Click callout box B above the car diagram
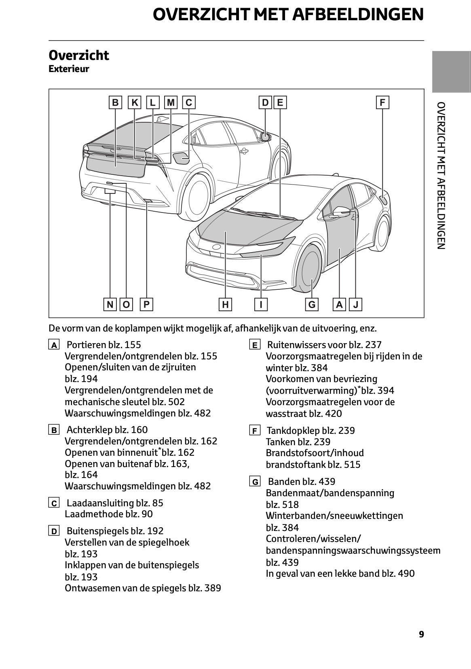(115, 102)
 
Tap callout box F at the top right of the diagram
(382, 102)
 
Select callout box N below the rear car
(110, 304)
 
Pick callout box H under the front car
(225, 304)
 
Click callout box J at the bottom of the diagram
(356, 304)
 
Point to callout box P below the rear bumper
(146, 304)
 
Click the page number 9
(421, 634)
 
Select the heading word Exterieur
(69, 69)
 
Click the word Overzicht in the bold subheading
(79, 55)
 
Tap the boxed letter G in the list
(255, 482)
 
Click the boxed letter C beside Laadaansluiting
(54, 503)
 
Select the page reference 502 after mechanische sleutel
(177, 402)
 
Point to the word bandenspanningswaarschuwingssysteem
(353, 550)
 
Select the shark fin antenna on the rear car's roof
(163, 119)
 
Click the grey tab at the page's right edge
(451, 72)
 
